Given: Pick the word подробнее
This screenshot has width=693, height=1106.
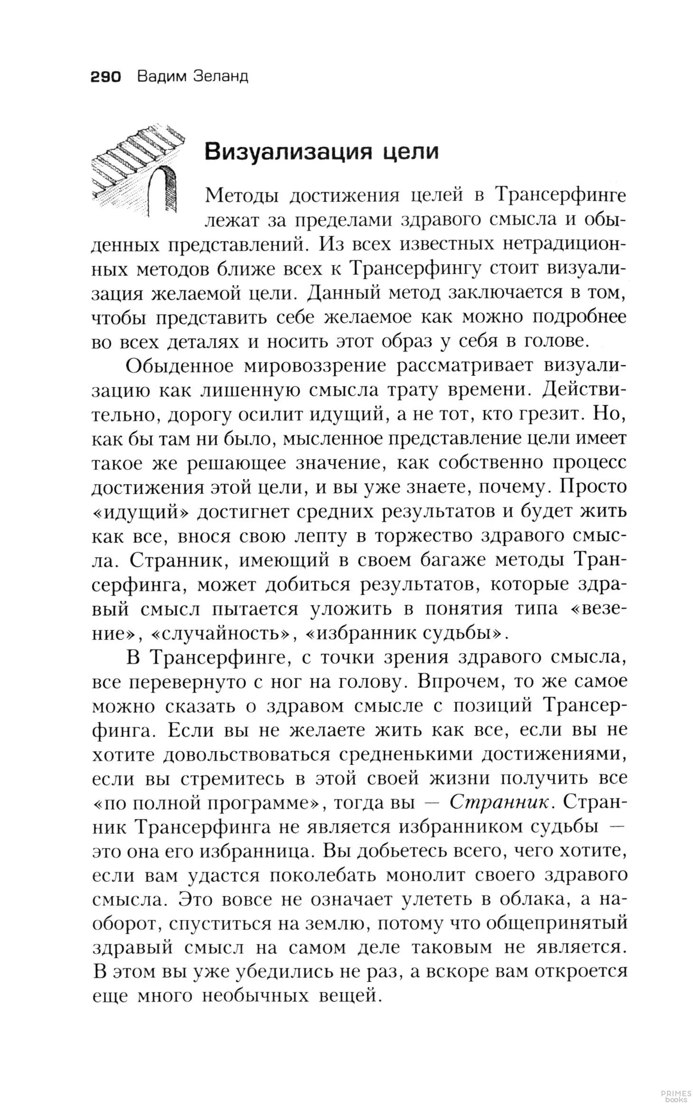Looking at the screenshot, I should (x=579, y=317).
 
